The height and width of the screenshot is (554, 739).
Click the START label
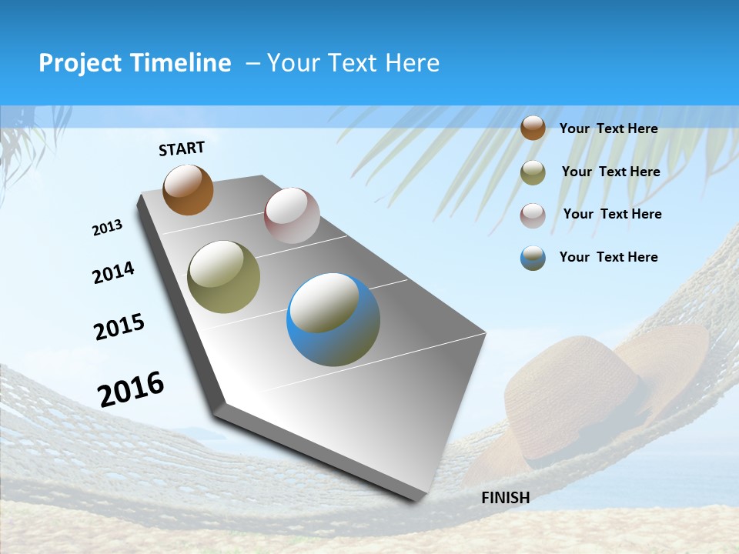[x=182, y=149]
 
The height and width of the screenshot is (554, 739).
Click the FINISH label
[x=505, y=498]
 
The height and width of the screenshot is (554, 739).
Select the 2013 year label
[x=108, y=228]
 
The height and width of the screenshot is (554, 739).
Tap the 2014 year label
[x=113, y=273]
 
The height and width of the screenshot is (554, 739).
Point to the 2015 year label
[x=119, y=327]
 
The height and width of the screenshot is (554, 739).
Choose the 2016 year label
[x=131, y=389]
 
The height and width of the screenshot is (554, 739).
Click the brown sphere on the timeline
[x=188, y=189]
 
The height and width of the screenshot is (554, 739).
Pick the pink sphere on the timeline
[x=292, y=215]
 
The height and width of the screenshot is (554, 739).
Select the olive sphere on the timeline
[x=223, y=277]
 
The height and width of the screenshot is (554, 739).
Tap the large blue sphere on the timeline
[x=333, y=319]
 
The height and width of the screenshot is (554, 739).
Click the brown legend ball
[x=533, y=128]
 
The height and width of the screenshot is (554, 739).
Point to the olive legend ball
[x=533, y=172]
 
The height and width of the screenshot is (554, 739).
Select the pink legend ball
[x=533, y=215]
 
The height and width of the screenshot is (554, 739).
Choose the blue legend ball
[x=533, y=258]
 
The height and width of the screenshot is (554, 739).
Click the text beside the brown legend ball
[x=608, y=128]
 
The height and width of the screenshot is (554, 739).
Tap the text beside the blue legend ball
[x=608, y=257]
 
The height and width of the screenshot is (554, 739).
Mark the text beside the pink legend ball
[x=612, y=214]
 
